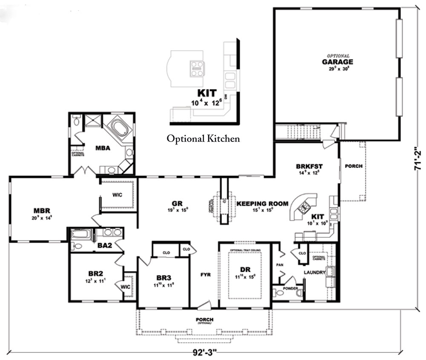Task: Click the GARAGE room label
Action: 337,61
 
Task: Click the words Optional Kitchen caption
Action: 203,138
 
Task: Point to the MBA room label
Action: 103,148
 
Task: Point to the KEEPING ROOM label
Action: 262,204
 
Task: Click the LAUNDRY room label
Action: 314,272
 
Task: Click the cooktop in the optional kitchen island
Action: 197,68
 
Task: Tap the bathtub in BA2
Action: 81,233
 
